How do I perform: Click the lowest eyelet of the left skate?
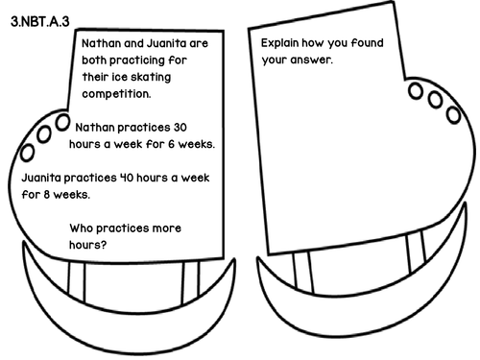29,152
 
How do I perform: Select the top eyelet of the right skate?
416,90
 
